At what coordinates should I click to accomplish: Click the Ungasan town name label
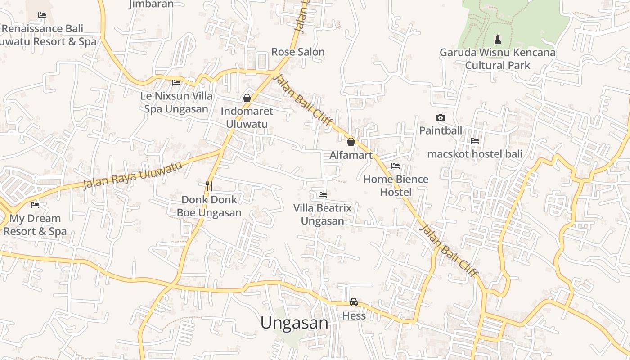pos(294,323)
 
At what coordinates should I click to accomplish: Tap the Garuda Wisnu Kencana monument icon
pos(497,39)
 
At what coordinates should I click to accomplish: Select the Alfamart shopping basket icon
pos(351,142)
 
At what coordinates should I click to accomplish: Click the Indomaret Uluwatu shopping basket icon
pos(247,98)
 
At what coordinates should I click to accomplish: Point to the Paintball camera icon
pos(441,118)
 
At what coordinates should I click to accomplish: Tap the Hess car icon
pos(354,302)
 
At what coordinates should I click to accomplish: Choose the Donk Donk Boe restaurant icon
pos(209,186)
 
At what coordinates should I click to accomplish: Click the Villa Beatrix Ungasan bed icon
pos(322,195)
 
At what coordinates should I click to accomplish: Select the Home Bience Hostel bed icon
pos(396,166)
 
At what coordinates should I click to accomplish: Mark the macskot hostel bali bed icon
pos(475,141)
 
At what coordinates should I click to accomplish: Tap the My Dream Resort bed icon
pos(35,205)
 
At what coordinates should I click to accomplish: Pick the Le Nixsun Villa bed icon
pos(176,83)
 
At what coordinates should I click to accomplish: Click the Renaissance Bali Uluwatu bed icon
pos(42,15)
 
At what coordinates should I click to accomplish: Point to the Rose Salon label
pos(298,52)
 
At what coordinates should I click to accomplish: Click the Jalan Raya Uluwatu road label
pos(133,174)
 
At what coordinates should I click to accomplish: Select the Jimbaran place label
pos(151,4)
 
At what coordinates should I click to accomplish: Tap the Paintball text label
pos(441,130)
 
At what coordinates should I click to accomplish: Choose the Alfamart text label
pos(351,155)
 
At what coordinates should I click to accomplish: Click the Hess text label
pos(354,315)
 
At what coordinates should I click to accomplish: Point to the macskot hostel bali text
pos(475,154)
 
